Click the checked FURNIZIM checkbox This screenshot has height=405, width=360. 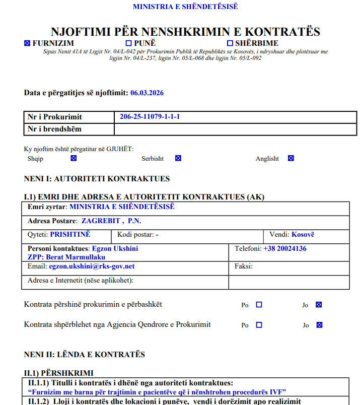(x=27, y=43)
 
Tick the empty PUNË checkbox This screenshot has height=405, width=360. (x=128, y=43)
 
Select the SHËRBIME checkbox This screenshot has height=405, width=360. (x=230, y=43)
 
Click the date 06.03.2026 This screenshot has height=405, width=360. (x=147, y=93)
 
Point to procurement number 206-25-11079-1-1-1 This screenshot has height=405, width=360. (x=150, y=117)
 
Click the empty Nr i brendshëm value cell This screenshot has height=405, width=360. (x=232, y=129)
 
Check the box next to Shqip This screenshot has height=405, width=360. (x=74, y=158)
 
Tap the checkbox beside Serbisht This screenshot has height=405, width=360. (x=178, y=158)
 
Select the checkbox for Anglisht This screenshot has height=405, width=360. (x=291, y=158)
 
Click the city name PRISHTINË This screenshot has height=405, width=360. (x=70, y=234)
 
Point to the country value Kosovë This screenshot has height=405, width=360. (x=303, y=234)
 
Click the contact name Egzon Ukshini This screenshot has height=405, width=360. (x=114, y=248)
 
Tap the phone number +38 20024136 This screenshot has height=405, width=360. (x=285, y=248)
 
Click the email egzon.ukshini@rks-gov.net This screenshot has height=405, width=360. (x=92, y=266)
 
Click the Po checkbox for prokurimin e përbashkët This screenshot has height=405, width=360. (x=259, y=305)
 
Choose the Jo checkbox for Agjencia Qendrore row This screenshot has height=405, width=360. (x=318, y=325)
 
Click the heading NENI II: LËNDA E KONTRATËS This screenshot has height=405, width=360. (x=84, y=355)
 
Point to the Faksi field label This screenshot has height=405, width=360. (x=244, y=266)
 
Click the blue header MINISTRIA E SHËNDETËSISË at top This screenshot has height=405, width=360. (x=185, y=7)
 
